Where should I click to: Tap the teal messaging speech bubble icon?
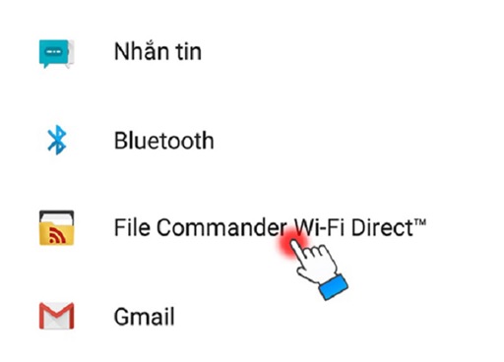tap(56, 51)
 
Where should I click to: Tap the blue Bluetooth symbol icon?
tap(56, 140)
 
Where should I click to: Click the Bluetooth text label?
tap(163, 140)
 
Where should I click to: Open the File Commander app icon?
tap(56, 228)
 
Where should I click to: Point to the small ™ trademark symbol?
tap(420, 223)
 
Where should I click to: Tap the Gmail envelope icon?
tap(56, 317)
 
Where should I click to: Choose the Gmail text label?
tap(144, 317)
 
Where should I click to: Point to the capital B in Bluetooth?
tap(120, 140)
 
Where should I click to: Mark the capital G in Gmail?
tap(121, 317)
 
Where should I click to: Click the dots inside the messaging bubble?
tap(55, 49)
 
